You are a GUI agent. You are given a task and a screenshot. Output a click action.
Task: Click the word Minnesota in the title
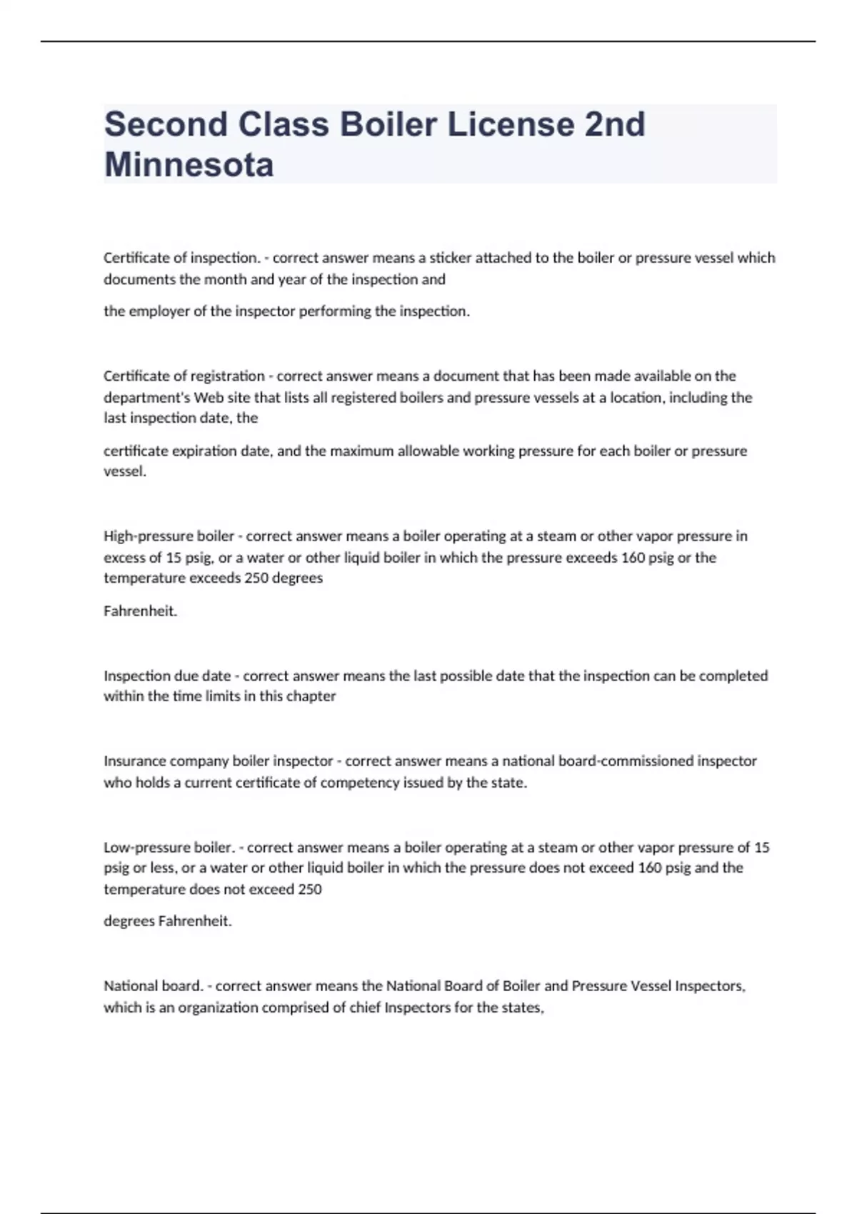[x=189, y=165]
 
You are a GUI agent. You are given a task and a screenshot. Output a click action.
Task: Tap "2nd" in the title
[x=615, y=124]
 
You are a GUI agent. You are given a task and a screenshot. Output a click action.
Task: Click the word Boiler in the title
[x=388, y=124]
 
